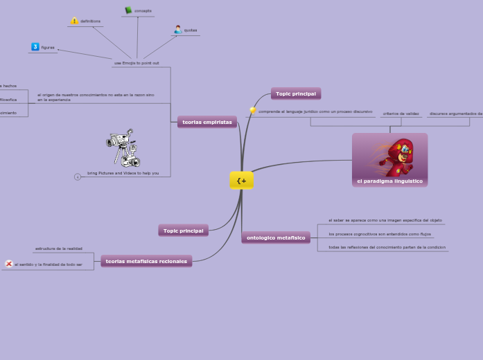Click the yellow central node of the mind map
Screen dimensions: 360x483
coord(241,181)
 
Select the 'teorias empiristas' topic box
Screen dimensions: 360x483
coord(207,122)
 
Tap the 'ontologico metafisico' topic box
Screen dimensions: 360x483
coord(276,237)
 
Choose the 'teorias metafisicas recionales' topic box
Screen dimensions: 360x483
coord(146,261)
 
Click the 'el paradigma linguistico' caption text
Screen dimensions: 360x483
coord(389,181)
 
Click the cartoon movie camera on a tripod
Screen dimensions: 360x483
coord(123,148)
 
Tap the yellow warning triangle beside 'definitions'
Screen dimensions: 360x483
coord(75,21)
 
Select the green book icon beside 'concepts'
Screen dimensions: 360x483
coord(128,10)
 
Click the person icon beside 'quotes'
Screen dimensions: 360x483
coord(178,30)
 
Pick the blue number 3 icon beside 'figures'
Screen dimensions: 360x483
coord(35,47)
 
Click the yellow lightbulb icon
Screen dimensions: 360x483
coord(253,111)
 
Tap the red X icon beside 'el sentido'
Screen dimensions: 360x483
coord(8,264)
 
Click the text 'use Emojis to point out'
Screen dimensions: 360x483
coord(136,63)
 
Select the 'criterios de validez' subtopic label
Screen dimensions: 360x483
coord(401,113)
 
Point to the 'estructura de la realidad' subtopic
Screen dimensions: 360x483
coord(59,248)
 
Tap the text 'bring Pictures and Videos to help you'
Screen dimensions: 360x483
coord(123,173)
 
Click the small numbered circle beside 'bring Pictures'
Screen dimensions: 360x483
coord(78,177)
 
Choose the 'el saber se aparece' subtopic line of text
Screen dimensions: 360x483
coord(385,220)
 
